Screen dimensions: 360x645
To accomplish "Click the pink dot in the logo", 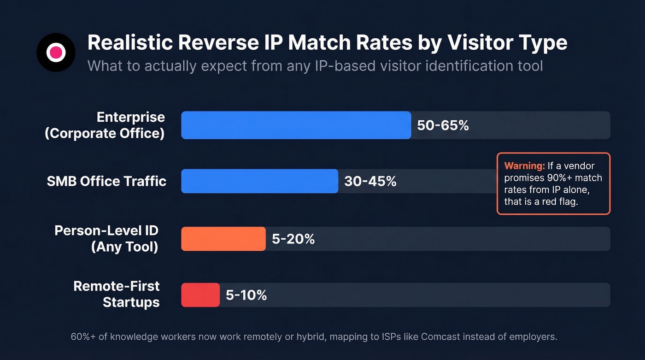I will (x=56, y=52).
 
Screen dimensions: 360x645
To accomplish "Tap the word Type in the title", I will (x=543, y=43).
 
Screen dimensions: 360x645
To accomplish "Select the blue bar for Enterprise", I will (x=296, y=125).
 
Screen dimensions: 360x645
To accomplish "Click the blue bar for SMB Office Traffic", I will (x=259, y=181).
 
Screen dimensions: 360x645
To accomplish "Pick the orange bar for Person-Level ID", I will (x=223, y=239).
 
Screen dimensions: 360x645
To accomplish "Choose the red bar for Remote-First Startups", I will (x=200, y=295).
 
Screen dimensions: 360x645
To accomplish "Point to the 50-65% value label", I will (x=443, y=125).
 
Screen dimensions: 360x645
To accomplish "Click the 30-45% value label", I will (x=370, y=182).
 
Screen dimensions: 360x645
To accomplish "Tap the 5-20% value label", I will (x=293, y=239).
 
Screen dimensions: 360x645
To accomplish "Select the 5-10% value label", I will (x=246, y=295).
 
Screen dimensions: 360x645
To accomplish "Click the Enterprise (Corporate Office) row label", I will (x=105, y=125).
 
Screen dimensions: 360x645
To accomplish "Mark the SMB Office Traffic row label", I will (x=106, y=181).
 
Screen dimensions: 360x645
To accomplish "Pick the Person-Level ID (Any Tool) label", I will (x=107, y=238).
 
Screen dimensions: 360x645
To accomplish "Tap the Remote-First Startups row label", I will (x=117, y=294).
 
